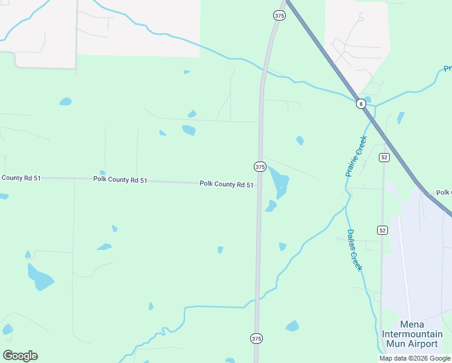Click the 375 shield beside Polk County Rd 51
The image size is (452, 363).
pyautogui.click(x=260, y=166)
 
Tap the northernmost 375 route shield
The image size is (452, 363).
pyautogui.click(x=279, y=15)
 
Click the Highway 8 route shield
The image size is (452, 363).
pyautogui.click(x=361, y=104)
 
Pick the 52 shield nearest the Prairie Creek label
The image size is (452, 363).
pyautogui.click(x=384, y=157)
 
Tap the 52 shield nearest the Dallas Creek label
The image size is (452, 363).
pyautogui.click(x=382, y=231)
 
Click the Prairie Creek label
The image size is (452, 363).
pyautogui.click(x=357, y=156)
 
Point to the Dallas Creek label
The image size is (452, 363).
pyautogui.click(x=354, y=250)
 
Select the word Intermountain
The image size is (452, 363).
pyautogui.click(x=412, y=335)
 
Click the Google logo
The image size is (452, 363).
pyautogui.click(x=20, y=356)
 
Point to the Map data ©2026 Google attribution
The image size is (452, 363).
pyautogui.click(x=415, y=358)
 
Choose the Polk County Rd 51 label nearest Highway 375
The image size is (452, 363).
pyautogui.click(x=227, y=185)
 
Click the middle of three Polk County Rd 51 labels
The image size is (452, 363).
pyautogui.click(x=120, y=180)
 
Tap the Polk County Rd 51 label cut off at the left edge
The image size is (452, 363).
pyautogui.click(x=19, y=178)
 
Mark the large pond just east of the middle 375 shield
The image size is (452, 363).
pyautogui.click(x=279, y=181)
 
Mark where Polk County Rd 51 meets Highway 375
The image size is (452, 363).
pyautogui.click(x=259, y=185)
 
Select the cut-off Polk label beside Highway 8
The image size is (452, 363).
pyautogui.click(x=444, y=193)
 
